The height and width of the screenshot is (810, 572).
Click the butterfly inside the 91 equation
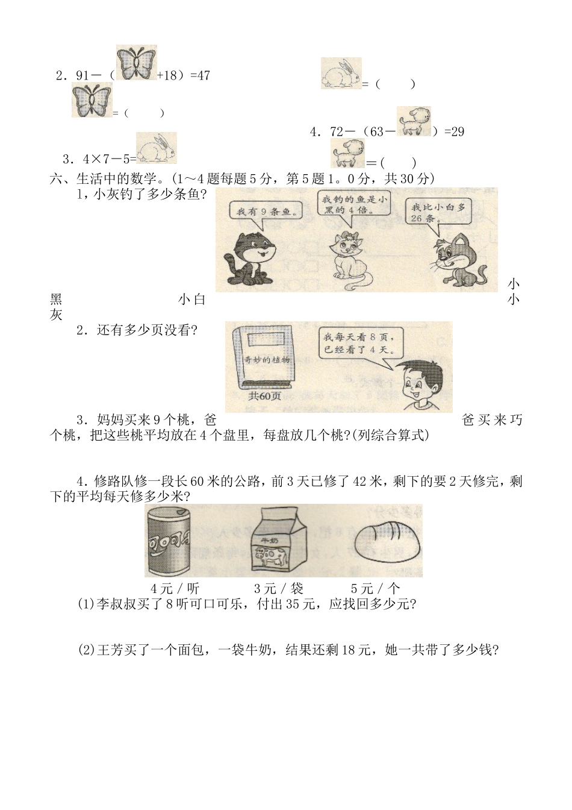click(x=136, y=63)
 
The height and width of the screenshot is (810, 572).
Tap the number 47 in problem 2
click(x=204, y=76)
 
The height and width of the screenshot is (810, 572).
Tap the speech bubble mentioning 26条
click(x=438, y=213)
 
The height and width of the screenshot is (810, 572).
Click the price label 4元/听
click(x=175, y=588)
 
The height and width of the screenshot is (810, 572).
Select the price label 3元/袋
click(x=278, y=588)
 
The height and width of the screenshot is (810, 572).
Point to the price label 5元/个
click(x=375, y=588)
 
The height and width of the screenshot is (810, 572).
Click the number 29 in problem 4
click(x=458, y=131)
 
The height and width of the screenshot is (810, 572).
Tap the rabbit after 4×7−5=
click(x=157, y=148)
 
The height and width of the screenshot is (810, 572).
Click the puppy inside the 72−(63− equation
click(x=414, y=122)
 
